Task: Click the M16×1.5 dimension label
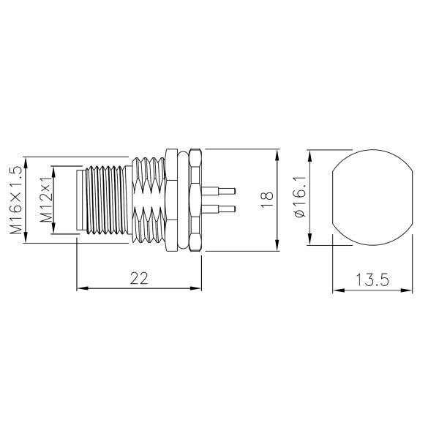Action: pyautogui.click(x=15, y=199)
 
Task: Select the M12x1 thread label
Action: pyautogui.click(x=45, y=199)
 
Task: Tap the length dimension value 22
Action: pyautogui.click(x=139, y=278)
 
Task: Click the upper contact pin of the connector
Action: pyautogui.click(x=222, y=191)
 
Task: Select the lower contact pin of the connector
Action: pyautogui.click(x=222, y=210)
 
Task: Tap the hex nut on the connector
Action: pyautogui.click(x=195, y=200)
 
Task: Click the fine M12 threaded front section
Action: pyautogui.click(x=106, y=200)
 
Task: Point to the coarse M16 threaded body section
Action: pyautogui.click(x=150, y=200)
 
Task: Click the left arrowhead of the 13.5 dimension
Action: pyautogui.click(x=337, y=290)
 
